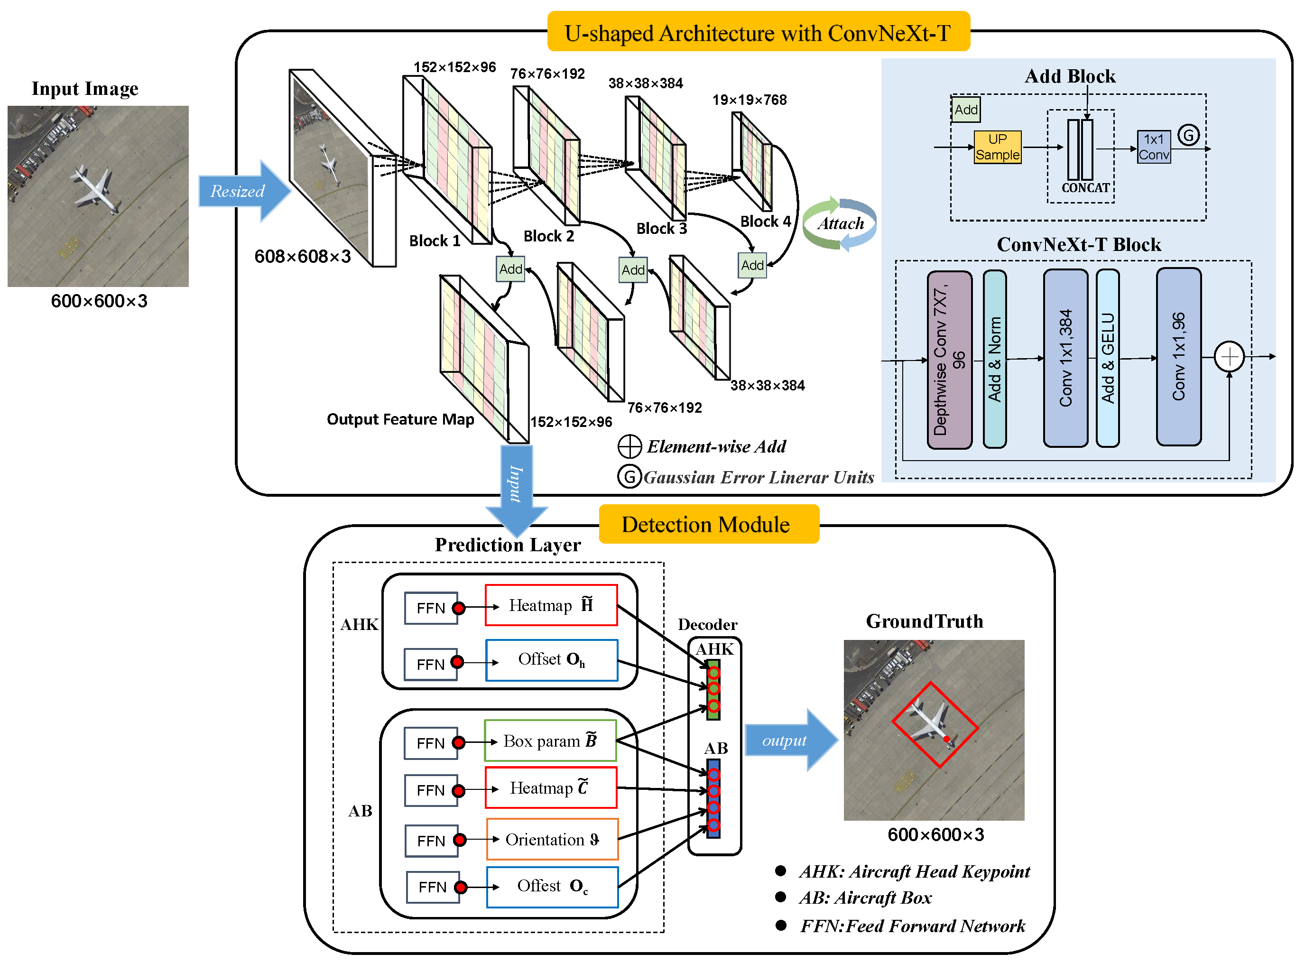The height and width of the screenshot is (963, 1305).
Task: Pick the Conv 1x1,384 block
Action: (x=1065, y=358)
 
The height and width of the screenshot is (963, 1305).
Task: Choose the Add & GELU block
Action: (x=1107, y=358)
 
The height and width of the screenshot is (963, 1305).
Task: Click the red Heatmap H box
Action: (x=551, y=605)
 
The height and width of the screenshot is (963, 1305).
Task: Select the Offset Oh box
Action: (x=551, y=660)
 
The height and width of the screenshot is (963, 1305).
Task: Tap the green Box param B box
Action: (x=550, y=741)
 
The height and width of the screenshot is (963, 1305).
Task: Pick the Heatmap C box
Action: (x=551, y=788)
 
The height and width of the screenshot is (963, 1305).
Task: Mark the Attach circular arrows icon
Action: (x=839, y=224)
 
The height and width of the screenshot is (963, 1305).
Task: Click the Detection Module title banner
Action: (x=708, y=525)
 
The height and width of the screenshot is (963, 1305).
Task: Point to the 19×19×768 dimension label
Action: (x=750, y=100)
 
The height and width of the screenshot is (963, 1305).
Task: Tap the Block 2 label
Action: (x=548, y=236)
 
